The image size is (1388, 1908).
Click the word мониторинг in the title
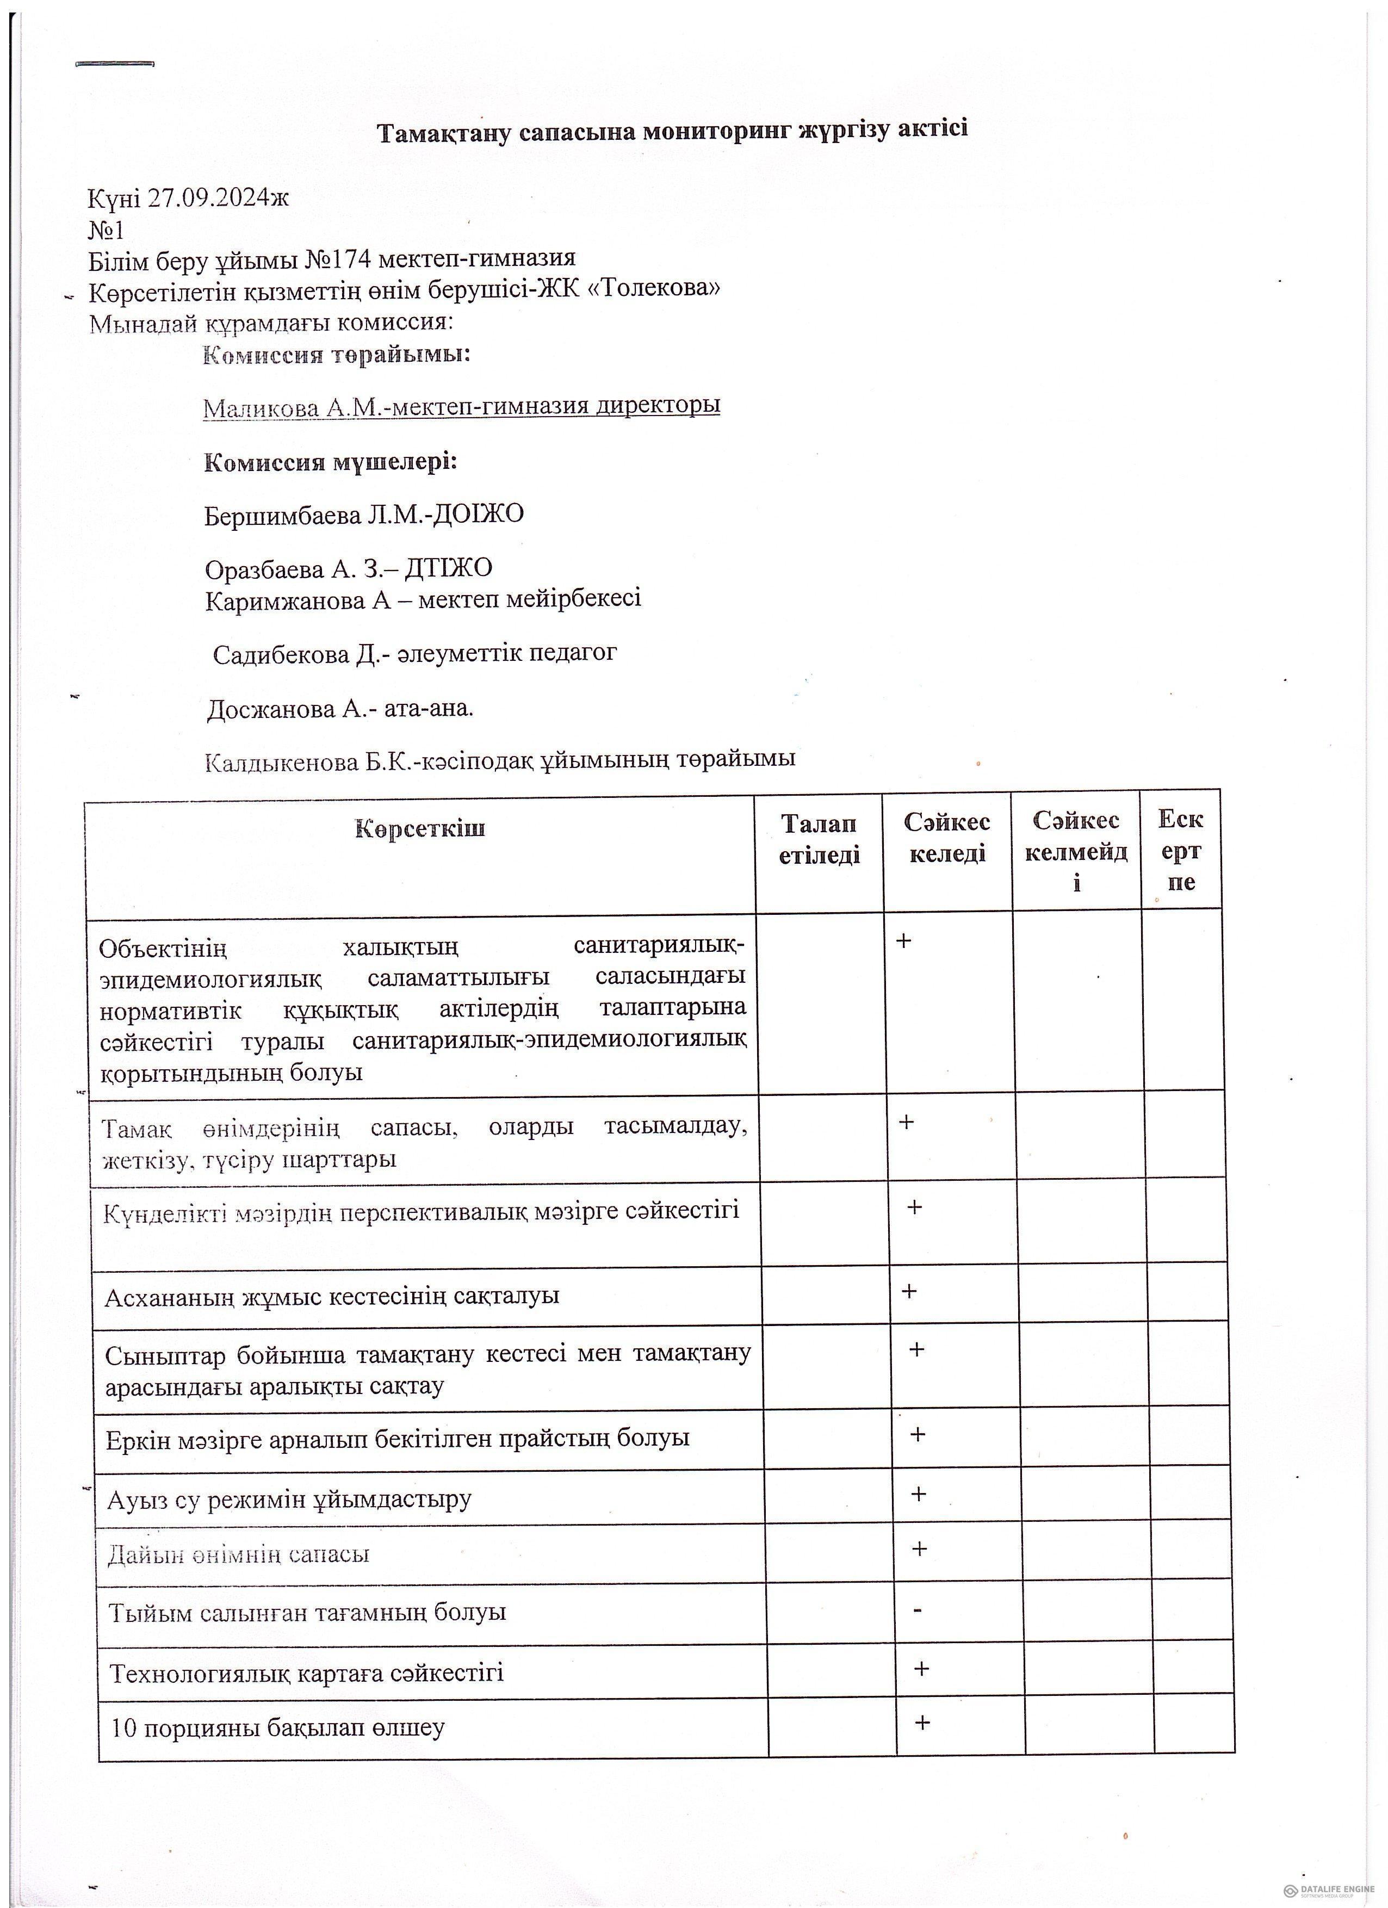tap(717, 131)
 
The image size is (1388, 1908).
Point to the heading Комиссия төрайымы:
tap(337, 354)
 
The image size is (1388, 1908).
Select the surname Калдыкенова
tap(281, 762)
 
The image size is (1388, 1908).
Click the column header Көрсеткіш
tap(420, 829)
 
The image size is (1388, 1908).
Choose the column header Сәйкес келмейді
tap(1076, 851)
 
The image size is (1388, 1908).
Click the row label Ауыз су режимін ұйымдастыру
tap(289, 1499)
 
